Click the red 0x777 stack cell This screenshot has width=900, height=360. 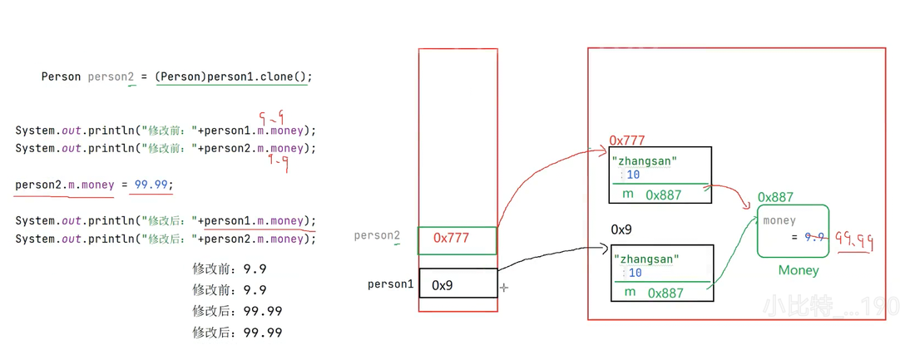457,239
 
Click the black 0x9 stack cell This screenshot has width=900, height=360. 457,284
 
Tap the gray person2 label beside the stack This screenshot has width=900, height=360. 377,236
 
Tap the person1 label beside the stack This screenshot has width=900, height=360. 390,284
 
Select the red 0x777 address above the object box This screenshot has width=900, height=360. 627,141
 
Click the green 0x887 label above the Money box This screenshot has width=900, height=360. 775,197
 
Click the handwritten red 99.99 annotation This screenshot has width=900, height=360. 853,242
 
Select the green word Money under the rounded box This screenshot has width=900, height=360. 799,270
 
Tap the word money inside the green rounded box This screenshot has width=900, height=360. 779,220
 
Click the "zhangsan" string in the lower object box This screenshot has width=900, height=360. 646,259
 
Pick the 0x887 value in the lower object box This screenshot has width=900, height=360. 665,293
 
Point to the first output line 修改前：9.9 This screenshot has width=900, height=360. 229,269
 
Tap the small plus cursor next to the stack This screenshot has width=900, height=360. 504,288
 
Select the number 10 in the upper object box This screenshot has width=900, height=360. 633,175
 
